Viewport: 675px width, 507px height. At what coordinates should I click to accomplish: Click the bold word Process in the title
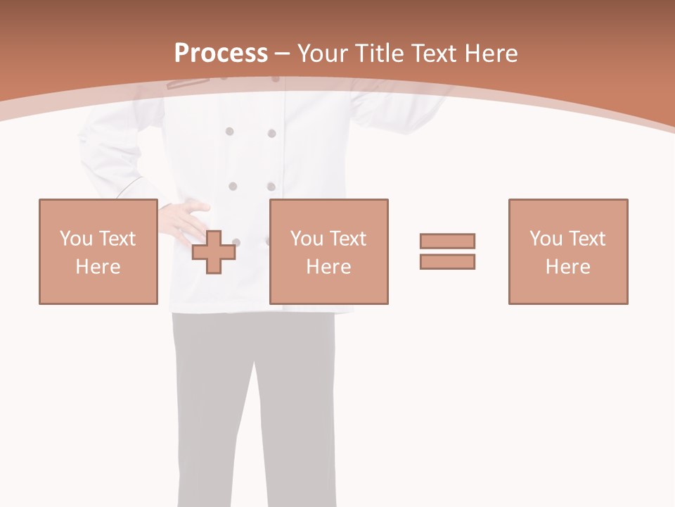click(221, 54)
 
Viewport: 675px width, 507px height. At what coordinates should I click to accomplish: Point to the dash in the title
click(283, 54)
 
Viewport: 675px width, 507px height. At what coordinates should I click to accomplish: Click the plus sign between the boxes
click(214, 252)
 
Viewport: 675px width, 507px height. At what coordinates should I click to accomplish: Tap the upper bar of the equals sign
click(447, 241)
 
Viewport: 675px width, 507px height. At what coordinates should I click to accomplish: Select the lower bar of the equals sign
click(447, 261)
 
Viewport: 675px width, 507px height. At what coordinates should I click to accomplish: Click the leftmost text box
click(98, 251)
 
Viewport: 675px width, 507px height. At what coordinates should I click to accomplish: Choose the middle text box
click(329, 251)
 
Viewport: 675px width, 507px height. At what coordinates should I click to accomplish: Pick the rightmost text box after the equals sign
click(568, 251)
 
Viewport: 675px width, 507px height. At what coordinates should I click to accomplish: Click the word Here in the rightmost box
click(568, 267)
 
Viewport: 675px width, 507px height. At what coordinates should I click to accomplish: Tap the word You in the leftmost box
click(76, 238)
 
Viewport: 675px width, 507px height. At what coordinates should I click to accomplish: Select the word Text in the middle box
click(348, 238)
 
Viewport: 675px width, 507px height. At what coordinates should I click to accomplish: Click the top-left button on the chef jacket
click(229, 131)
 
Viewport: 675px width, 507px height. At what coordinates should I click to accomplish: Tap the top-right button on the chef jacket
click(271, 133)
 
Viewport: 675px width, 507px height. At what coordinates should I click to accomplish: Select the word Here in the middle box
click(329, 267)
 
